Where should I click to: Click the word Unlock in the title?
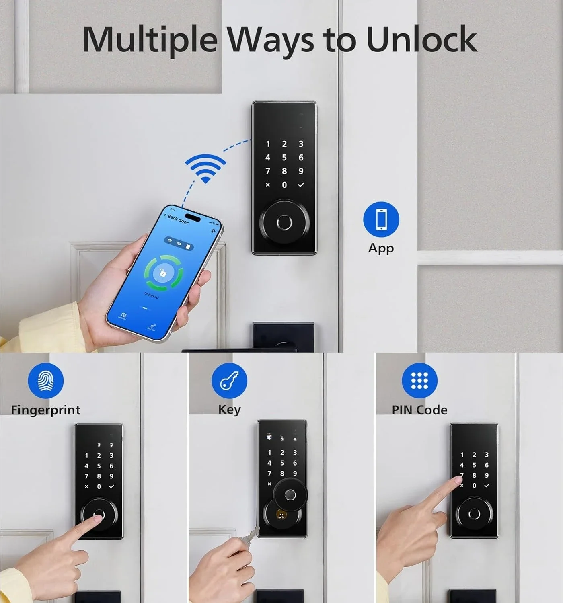[421, 39]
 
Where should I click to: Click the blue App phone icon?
[381, 219]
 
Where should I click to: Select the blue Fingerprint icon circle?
[46, 380]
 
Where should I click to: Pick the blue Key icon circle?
[230, 380]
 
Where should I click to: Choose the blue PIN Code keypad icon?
[419, 380]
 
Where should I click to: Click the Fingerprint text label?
[46, 410]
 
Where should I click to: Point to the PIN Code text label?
[419, 410]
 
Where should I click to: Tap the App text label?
[381, 248]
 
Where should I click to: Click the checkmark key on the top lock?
[301, 185]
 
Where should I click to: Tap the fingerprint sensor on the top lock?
[284, 222]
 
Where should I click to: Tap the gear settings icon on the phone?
[213, 231]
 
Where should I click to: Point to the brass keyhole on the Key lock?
[281, 514]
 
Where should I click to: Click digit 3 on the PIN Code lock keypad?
[487, 455]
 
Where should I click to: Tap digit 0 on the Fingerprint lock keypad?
[99, 486]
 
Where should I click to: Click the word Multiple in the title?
[150, 39]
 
